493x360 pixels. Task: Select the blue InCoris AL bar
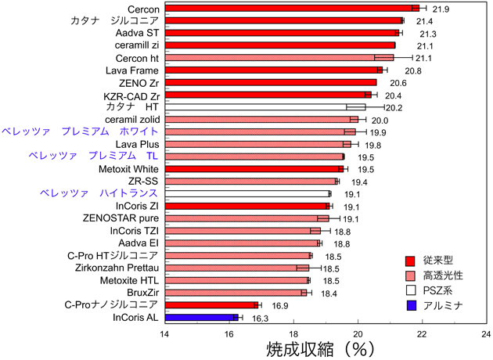200,317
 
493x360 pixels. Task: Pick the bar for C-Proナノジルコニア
211,304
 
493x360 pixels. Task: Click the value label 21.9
441,9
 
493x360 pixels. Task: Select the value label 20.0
380,120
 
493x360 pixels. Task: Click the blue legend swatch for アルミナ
410,304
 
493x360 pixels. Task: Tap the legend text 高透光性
443,275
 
